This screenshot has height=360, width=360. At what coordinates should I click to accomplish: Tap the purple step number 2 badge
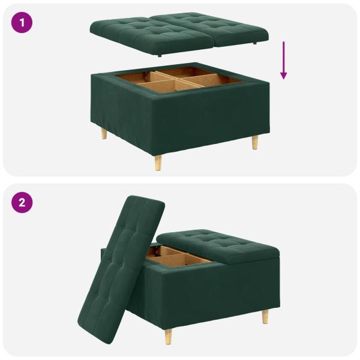21,202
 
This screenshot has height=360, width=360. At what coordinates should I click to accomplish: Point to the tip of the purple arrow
284,78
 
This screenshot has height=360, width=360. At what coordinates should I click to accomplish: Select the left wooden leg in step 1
104,133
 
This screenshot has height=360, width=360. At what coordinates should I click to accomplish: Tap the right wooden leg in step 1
255,143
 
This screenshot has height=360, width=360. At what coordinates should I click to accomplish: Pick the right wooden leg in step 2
265,317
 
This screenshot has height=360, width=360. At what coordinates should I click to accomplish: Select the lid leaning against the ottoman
120,264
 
